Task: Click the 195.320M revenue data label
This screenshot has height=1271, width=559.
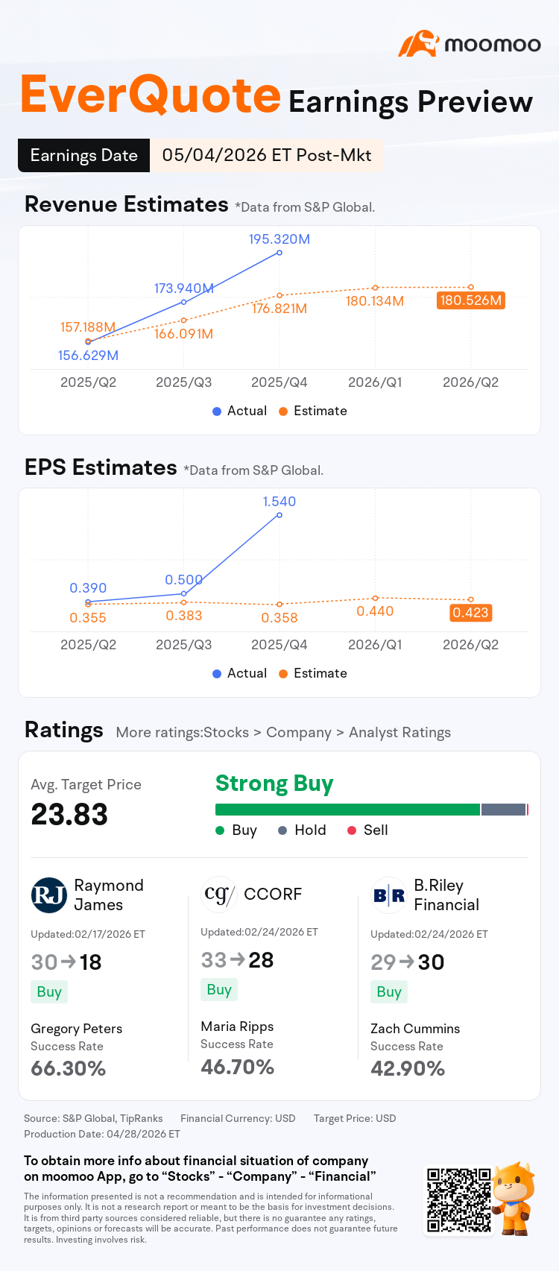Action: coord(279,239)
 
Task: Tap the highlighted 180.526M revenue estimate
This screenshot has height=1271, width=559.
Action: coord(471,300)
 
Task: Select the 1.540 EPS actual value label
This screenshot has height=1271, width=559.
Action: coord(279,502)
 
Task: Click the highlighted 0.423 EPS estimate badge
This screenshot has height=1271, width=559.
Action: coord(470,613)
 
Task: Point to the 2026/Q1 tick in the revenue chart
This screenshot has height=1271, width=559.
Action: coord(375,382)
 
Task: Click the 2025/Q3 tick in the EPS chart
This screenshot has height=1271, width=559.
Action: coord(184,645)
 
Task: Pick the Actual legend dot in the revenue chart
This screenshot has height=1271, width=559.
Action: coord(217,411)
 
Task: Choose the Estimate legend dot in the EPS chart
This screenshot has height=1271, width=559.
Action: coord(283,673)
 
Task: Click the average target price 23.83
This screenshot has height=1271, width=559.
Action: coord(69,814)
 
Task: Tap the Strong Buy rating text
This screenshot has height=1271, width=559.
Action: coord(274,783)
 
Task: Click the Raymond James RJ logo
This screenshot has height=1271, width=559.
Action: coord(48,895)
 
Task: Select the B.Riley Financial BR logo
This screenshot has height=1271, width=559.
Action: coord(389,895)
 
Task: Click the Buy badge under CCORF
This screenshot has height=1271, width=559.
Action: coord(219,989)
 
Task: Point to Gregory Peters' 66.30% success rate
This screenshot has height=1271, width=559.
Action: coord(68,1068)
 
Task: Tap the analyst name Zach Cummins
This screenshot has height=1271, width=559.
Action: coord(415,1029)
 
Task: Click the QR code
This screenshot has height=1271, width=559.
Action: coord(459,1199)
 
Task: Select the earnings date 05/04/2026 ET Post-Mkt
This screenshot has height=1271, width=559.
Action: coord(267,156)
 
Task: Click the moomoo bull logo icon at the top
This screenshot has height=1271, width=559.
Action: coord(419,44)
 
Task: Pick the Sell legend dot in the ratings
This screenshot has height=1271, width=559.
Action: coord(352,830)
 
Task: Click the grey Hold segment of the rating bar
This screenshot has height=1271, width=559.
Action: coord(503,810)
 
